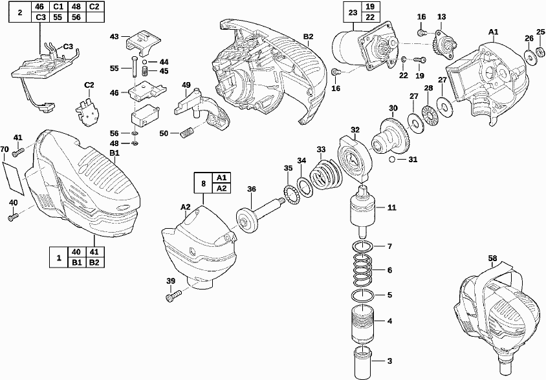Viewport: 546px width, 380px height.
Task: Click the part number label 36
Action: [252, 189]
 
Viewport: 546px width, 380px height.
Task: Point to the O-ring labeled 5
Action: [363, 295]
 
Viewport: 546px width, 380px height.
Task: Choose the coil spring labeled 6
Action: [363, 270]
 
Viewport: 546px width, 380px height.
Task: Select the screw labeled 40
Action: [12, 218]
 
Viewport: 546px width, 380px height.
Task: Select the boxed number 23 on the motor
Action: [353, 12]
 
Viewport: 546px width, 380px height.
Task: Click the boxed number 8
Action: [204, 183]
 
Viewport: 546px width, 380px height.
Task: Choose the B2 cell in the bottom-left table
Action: [94, 262]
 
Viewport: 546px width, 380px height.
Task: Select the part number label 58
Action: [493, 259]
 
